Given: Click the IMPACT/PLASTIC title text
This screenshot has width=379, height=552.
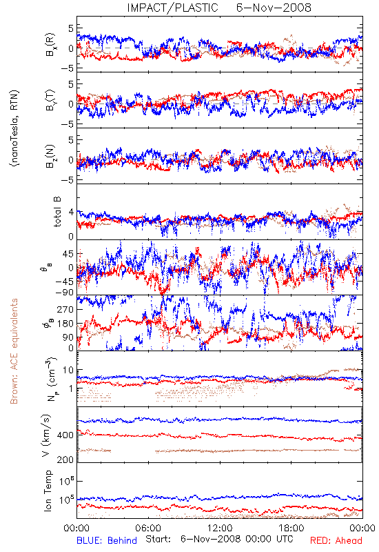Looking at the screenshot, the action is [173, 8].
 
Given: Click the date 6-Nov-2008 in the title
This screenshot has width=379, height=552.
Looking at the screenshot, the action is [274, 8].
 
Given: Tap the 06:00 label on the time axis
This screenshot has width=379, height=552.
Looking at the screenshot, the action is [148, 528].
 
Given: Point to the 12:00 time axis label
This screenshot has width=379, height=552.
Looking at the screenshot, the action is [220, 528].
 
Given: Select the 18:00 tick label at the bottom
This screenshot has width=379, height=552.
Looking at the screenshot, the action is [291, 528].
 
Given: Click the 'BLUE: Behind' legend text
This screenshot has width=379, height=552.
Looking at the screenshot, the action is [107, 540].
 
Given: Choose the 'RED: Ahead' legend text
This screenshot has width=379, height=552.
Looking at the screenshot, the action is [336, 540].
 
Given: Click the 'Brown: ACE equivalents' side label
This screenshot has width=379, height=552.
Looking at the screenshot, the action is [14, 351].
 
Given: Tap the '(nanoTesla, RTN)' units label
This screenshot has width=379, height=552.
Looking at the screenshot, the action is [14, 128].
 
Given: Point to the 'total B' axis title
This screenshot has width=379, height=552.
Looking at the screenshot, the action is [57, 212].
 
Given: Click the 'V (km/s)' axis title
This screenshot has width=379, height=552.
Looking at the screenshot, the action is [46, 435].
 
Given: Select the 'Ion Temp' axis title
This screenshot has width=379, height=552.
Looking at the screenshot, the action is [48, 491].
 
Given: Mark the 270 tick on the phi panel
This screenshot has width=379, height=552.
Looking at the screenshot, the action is [65, 309].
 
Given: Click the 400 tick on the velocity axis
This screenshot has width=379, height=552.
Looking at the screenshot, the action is [65, 435].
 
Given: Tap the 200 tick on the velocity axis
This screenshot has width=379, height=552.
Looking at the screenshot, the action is [65, 460].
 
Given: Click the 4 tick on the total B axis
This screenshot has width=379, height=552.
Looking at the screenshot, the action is [72, 213].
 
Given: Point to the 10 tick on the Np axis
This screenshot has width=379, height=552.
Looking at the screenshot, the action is [68, 370].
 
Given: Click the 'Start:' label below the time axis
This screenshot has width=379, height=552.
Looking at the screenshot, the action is [158, 539].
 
